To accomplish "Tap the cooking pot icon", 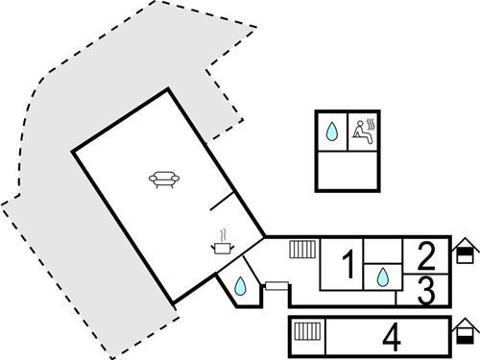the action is (223, 250).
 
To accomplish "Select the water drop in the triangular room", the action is (238, 285).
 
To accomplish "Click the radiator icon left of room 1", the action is (303, 250).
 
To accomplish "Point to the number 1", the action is (349, 262).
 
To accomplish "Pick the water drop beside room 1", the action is (382, 277).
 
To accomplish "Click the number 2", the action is (427, 254).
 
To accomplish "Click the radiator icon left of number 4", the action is (308, 334).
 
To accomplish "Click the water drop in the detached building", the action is (331, 132).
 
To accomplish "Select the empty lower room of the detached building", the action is (348, 170).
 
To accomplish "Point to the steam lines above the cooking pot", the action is (224, 235).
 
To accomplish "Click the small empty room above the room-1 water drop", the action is (381, 252).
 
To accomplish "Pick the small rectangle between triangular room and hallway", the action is (276, 285).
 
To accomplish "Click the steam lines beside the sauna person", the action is (371, 125).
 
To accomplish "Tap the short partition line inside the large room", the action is (222, 202).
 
